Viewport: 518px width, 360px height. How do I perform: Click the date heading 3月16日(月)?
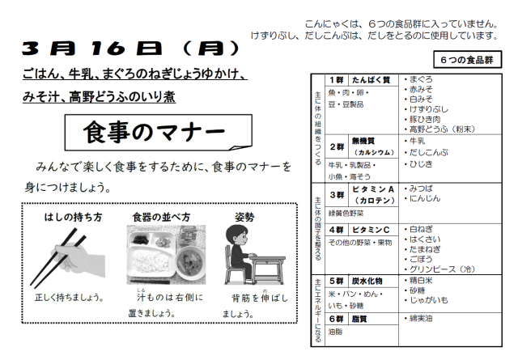click(x=131, y=49)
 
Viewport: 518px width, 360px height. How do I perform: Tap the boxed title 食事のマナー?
click(x=159, y=133)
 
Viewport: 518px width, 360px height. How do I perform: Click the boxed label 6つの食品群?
click(x=467, y=60)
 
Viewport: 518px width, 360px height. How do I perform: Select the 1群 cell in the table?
click(x=337, y=80)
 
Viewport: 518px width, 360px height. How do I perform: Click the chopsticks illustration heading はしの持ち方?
click(x=73, y=217)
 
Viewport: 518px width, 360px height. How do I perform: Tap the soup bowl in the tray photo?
click(x=190, y=263)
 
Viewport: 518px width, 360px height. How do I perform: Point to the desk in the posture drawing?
click(x=268, y=269)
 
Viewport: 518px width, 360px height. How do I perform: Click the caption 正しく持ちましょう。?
click(x=70, y=297)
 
